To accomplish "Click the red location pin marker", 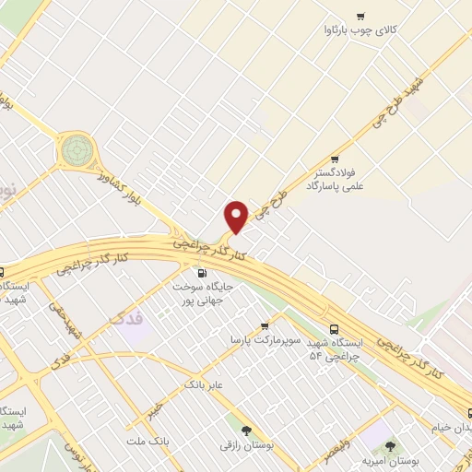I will coord(236,217).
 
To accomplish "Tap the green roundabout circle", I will coord(78,148).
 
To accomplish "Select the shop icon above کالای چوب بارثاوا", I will coord(360,15).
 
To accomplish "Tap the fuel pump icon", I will coord(201,273).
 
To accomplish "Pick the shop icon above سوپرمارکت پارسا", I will coord(265,325).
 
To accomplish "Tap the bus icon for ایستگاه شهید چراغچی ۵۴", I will coord(334,328).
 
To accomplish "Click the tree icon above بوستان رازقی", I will coord(245,431).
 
